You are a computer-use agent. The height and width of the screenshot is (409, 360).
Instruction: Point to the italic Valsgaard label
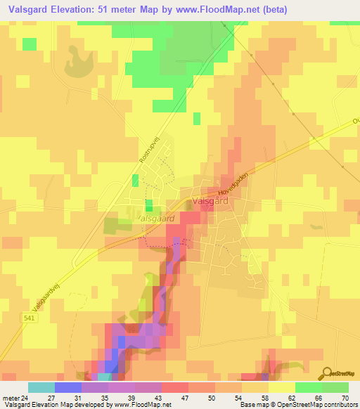(x=157, y=219)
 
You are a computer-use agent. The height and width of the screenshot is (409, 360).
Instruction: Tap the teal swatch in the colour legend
(x=41, y=387)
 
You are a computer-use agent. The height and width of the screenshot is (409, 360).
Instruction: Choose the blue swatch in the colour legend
(x=67, y=387)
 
